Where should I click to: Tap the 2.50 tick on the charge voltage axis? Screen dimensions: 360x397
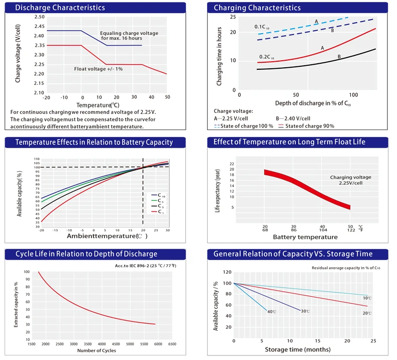click(39, 17)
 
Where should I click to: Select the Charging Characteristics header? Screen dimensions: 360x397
click(257, 8)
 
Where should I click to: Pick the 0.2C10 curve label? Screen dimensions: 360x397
click(266, 57)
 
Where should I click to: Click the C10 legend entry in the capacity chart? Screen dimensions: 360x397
click(157, 195)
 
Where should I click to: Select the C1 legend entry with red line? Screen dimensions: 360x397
click(157, 212)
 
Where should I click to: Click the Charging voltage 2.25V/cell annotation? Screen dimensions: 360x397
click(350, 180)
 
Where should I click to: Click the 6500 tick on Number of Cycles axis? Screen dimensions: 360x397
click(172, 344)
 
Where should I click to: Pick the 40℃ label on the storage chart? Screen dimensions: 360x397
click(271, 312)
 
